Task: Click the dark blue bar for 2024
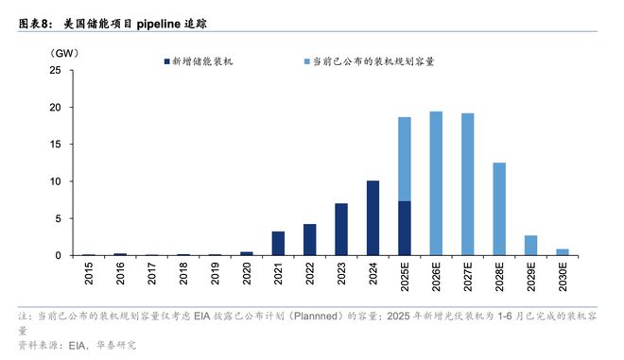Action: tap(373, 218)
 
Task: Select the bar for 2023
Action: tap(341, 230)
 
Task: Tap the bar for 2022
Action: tap(309, 240)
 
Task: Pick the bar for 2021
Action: tap(278, 244)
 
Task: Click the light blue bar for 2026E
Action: tap(436, 183)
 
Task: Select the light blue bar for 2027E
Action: tap(467, 184)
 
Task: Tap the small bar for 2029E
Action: tap(530, 246)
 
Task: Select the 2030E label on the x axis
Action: tap(563, 279)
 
